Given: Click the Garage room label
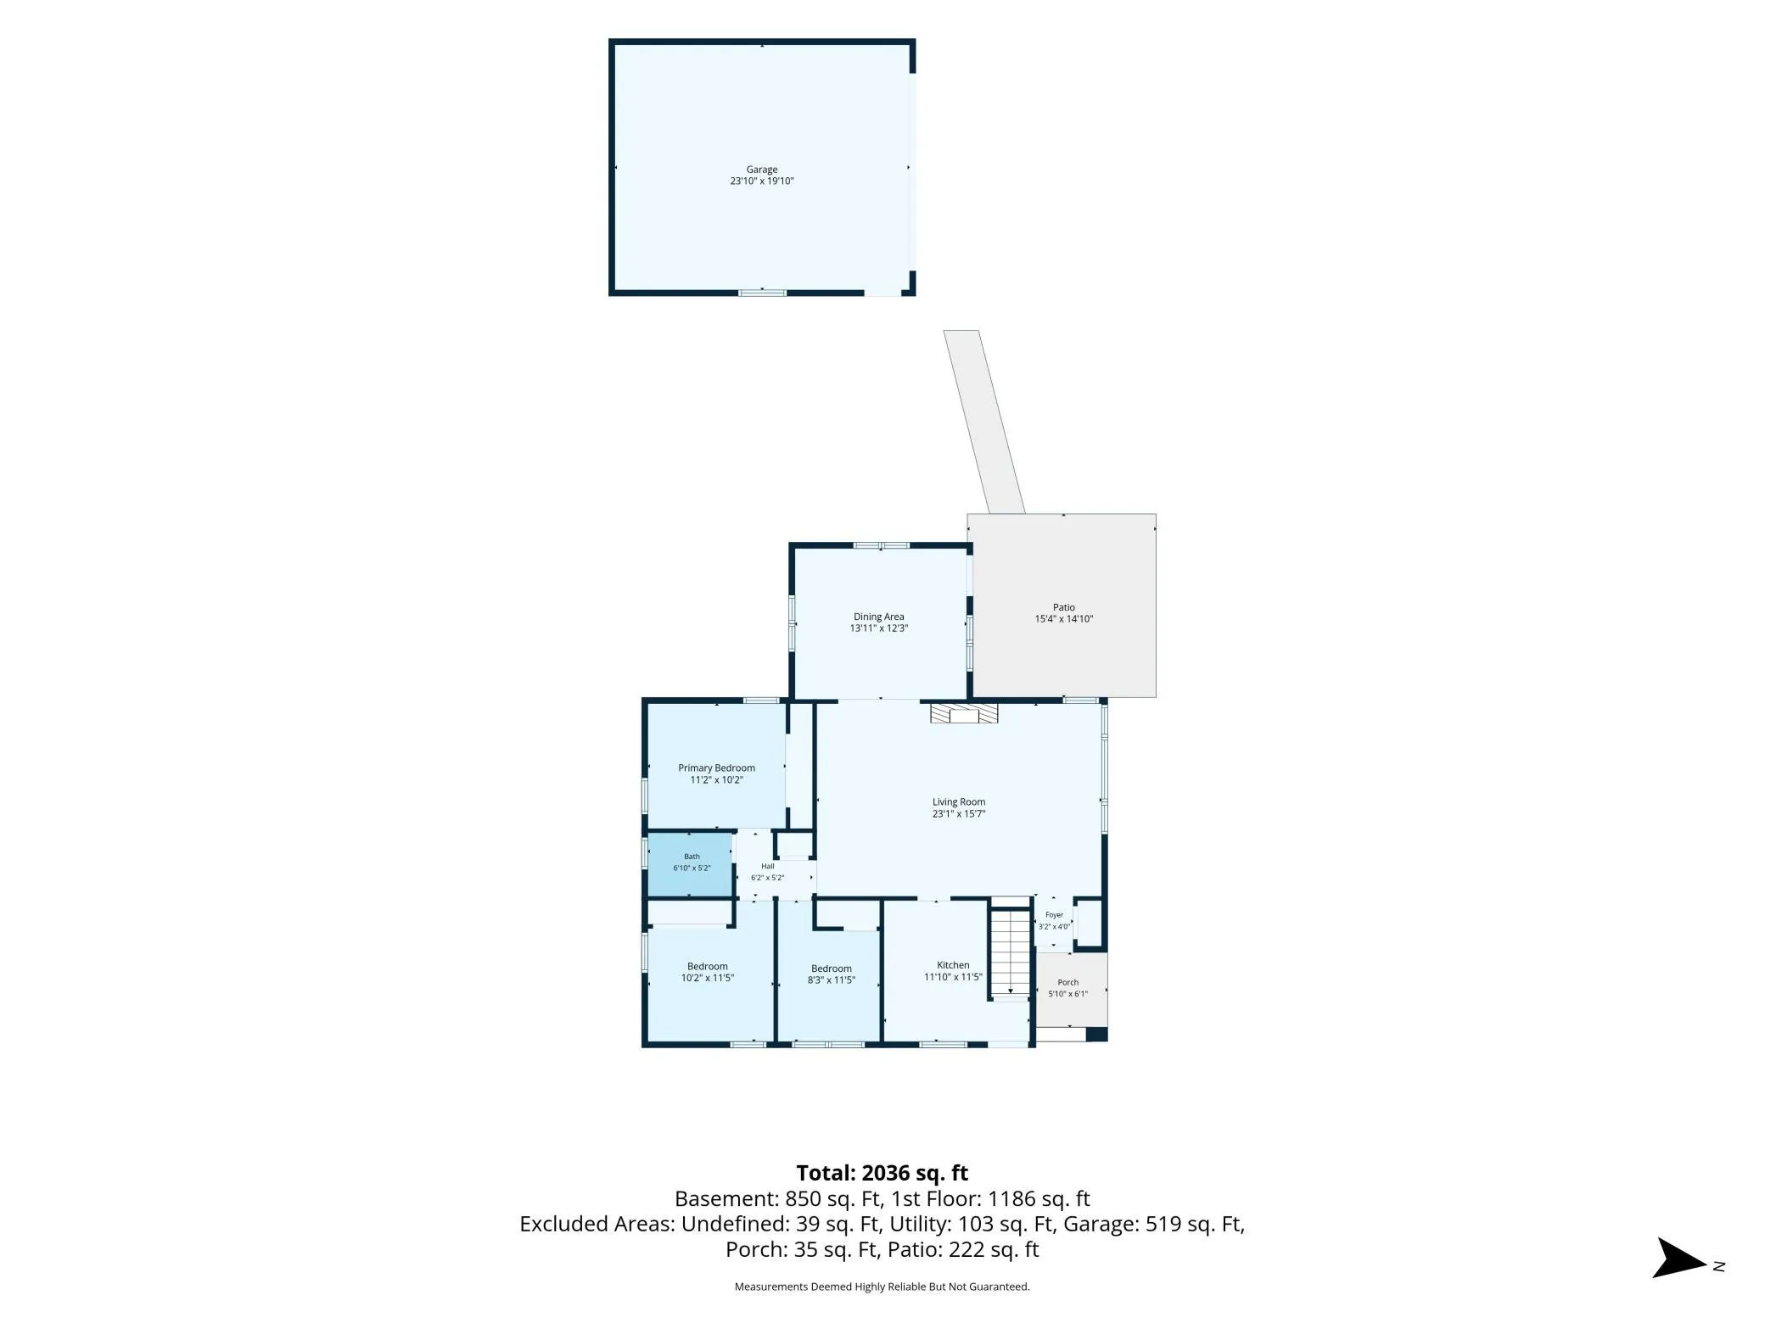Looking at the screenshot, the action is pos(761,170).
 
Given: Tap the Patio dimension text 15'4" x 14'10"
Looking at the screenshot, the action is pos(1063,619).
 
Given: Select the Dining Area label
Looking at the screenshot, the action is pos(878,617).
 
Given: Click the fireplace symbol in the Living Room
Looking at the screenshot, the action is pos(964,713).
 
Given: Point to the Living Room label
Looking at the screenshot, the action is pos(959,801).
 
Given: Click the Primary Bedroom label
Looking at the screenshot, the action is pos(716,768).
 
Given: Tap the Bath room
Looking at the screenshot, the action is pos(690,864).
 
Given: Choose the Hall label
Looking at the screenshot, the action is pos(767,866).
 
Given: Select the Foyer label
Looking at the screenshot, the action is pos(1054,915).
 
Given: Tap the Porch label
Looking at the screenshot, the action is pos(1067,982).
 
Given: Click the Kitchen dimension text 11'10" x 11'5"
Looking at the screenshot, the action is pos(953,977).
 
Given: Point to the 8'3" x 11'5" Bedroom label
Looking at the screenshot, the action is pos(831,969).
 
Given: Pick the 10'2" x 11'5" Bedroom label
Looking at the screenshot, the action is pos(707,966).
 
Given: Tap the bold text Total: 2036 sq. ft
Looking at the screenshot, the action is pos(882,1173).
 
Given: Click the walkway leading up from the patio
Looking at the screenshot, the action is pos(984,421).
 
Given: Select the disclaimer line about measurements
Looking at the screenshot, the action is pos(882,1287).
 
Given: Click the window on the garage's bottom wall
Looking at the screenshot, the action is pos(762,293).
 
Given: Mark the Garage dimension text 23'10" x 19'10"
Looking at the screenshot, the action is pos(761,181).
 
